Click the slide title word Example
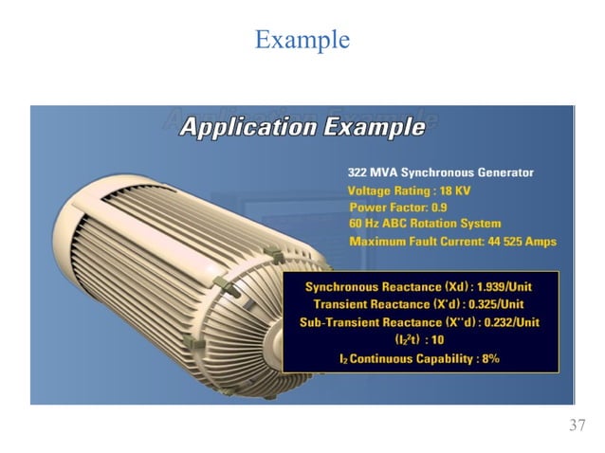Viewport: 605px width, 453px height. click(302, 40)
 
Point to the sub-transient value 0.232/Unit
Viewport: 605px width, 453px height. click(505, 322)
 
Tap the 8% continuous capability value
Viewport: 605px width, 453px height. click(488, 359)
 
